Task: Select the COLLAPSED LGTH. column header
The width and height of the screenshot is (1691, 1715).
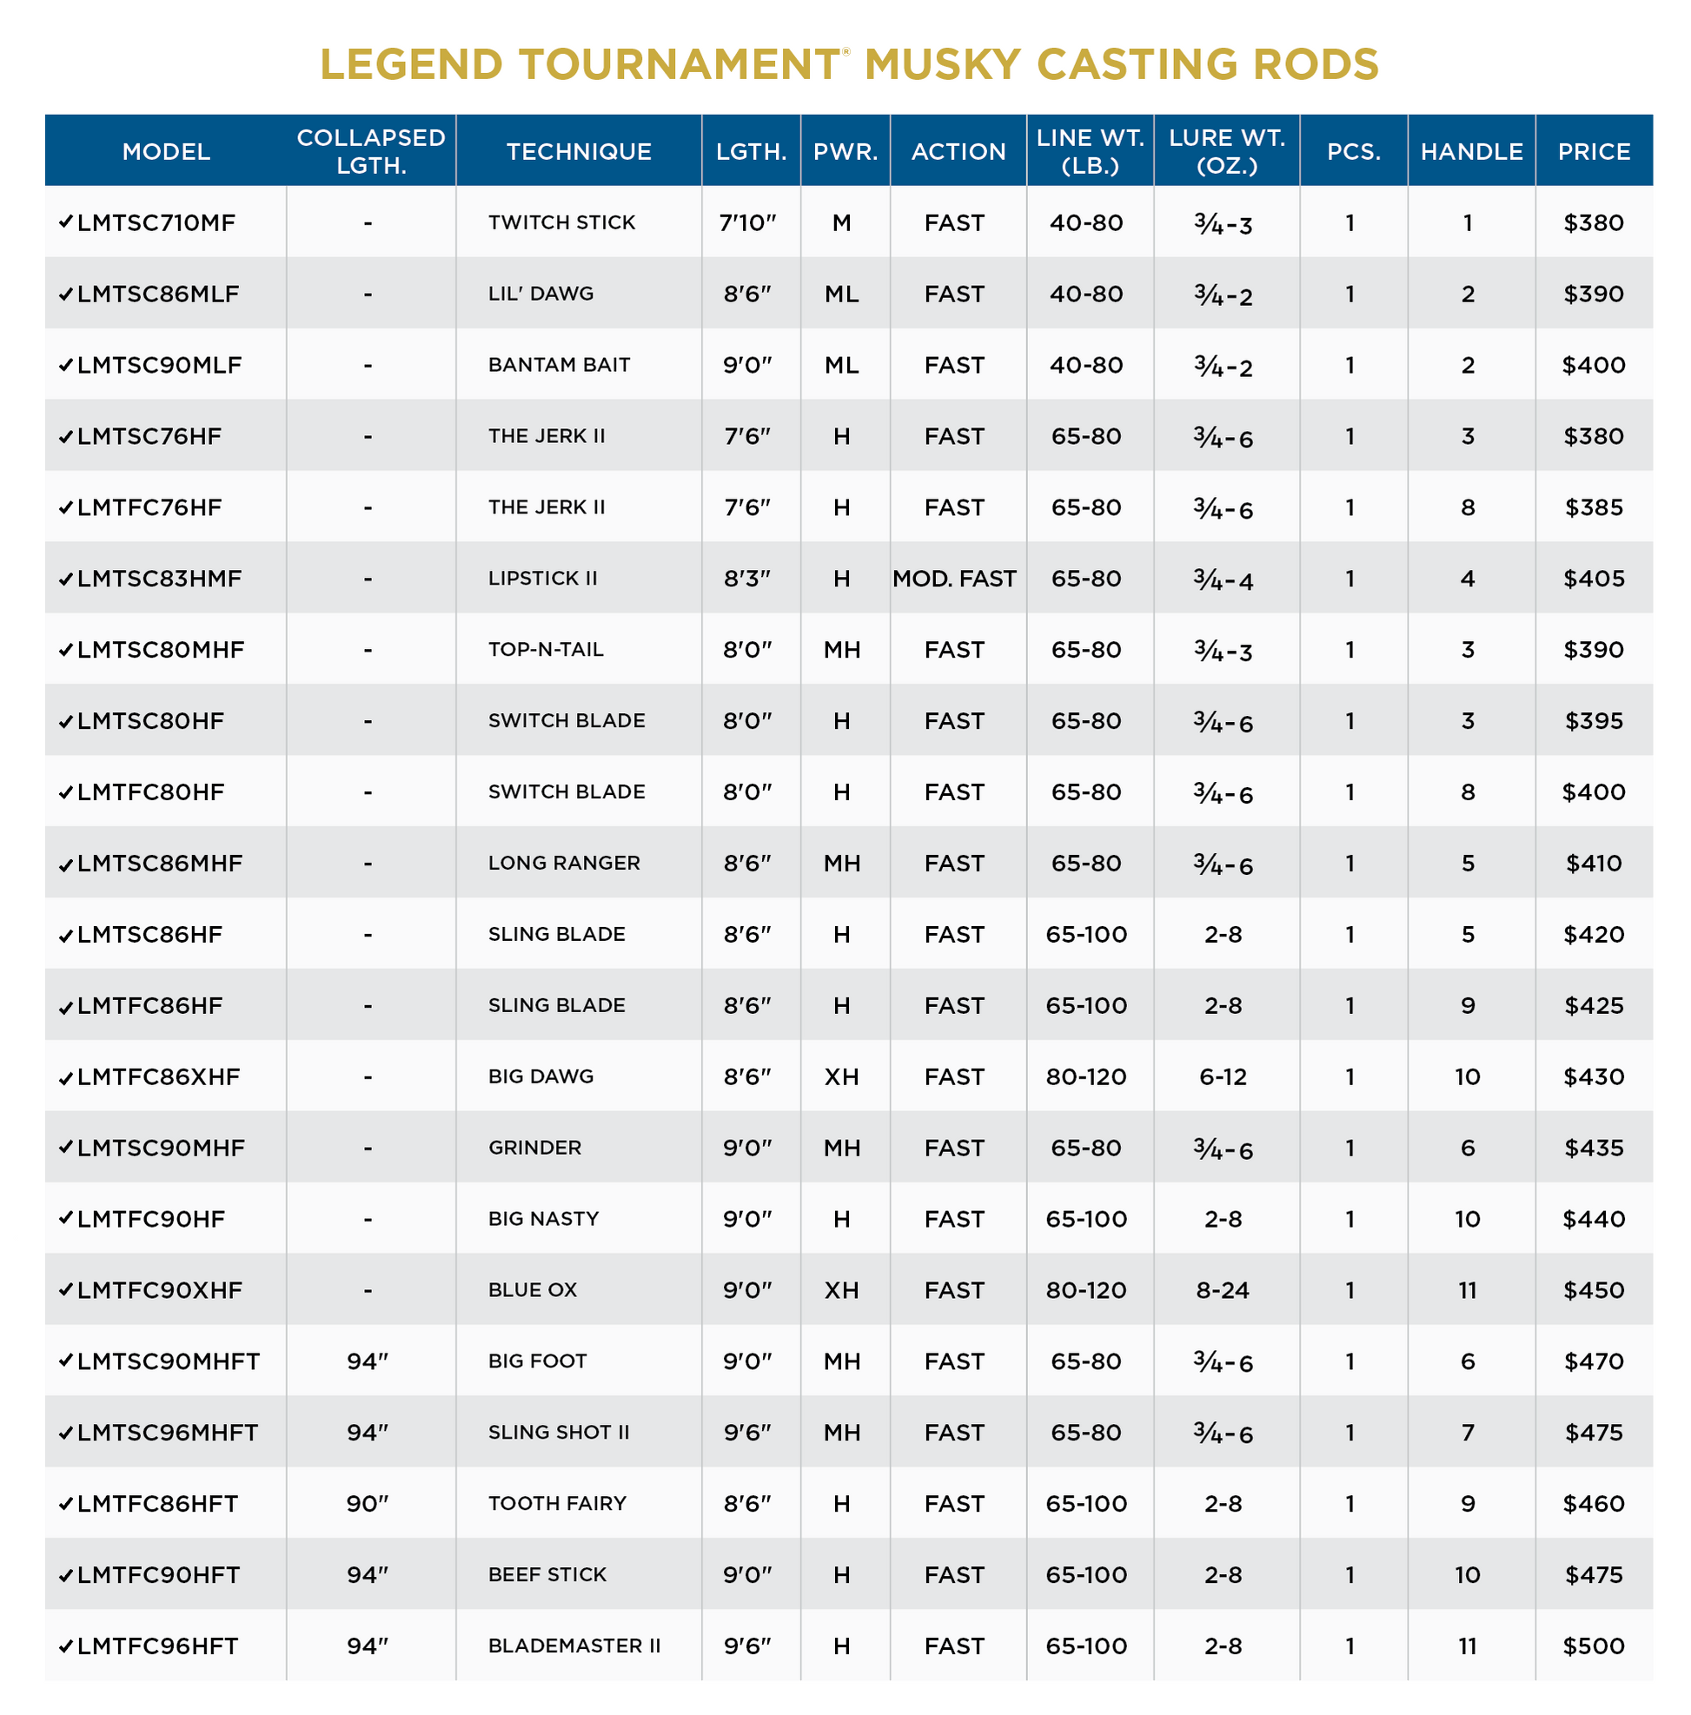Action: point(370,151)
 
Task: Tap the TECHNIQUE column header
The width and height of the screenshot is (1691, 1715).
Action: point(578,152)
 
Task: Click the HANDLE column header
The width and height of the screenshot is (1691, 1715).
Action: point(1471,152)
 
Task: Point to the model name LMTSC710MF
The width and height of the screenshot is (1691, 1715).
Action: point(156,222)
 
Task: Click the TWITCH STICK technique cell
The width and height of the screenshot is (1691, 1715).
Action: point(561,222)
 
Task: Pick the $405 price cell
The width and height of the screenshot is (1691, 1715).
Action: point(1593,579)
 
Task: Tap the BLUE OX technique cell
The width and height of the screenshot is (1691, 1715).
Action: point(532,1290)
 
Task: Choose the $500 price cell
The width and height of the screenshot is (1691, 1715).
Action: point(1593,1645)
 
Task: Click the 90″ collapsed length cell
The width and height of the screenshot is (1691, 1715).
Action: point(368,1504)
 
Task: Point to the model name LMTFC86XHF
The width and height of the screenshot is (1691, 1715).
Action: point(158,1076)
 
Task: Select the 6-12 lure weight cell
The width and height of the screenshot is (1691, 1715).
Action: point(1223,1076)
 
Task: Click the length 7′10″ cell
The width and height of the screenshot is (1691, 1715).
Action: point(747,222)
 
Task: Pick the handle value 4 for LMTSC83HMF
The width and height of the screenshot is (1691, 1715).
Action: point(1468,579)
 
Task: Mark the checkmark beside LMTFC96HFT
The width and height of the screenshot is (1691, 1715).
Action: point(65,1646)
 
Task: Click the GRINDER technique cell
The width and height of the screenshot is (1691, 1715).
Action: point(534,1148)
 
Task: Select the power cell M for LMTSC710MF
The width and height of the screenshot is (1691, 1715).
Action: point(841,222)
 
